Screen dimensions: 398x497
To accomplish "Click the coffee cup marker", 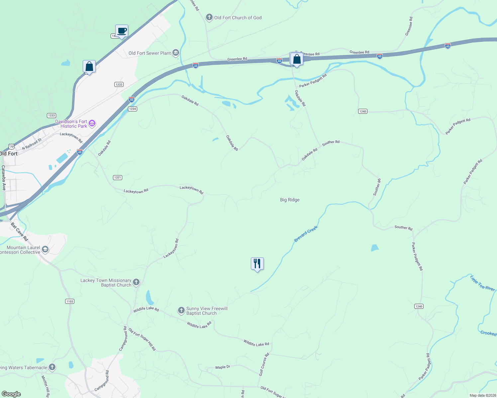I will pyautogui.click(x=122, y=31).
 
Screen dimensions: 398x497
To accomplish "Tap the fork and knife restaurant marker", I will pyautogui.click(x=257, y=264).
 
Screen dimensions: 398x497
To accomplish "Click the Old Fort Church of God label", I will pyautogui.click(x=238, y=18).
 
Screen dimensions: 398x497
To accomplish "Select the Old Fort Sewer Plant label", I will pyautogui.click(x=149, y=53).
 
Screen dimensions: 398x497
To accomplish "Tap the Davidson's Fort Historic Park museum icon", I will pyautogui.click(x=92, y=124).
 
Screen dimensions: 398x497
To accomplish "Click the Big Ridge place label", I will pyautogui.click(x=290, y=200).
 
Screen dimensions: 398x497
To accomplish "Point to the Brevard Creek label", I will pyautogui.click(x=306, y=234).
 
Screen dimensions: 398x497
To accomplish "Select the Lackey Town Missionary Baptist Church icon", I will pyautogui.click(x=136, y=282).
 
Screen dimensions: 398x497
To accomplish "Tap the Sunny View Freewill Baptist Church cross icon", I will pyautogui.click(x=181, y=310).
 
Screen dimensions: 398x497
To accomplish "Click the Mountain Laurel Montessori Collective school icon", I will pyautogui.click(x=45, y=249).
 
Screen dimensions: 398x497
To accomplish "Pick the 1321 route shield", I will pyautogui.click(x=118, y=177).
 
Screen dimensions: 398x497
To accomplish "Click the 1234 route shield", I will pyautogui.click(x=133, y=109).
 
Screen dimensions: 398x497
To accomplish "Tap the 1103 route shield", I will pyautogui.click(x=70, y=301).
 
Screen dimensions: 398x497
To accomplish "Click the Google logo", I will pyautogui.click(x=11, y=394).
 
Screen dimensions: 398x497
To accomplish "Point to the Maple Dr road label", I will pyautogui.click(x=223, y=367).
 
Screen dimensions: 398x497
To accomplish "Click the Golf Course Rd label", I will pyautogui.click(x=264, y=365).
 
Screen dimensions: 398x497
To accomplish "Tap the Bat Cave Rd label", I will pyautogui.click(x=20, y=232).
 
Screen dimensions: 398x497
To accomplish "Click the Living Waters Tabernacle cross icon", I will pyautogui.click(x=52, y=367).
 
